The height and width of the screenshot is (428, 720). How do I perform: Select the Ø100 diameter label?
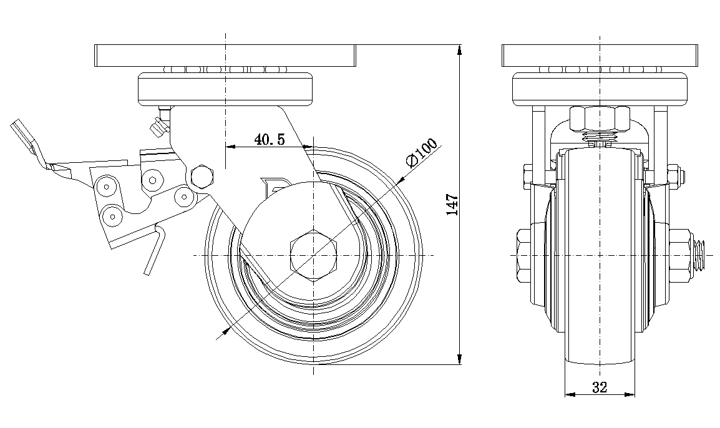click(421, 152)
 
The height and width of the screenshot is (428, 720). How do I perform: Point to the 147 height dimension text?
click(453, 205)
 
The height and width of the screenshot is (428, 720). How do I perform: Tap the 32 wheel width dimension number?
click(600, 387)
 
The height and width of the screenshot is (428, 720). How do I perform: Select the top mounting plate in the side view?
click(225, 56)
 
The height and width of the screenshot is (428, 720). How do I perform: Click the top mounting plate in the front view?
click(599, 56)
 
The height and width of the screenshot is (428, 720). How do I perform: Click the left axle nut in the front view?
click(524, 256)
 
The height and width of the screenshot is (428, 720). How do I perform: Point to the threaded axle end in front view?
click(700, 256)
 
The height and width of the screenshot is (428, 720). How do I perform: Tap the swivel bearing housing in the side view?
click(225, 89)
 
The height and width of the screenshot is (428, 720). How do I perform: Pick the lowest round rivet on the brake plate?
click(112, 216)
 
